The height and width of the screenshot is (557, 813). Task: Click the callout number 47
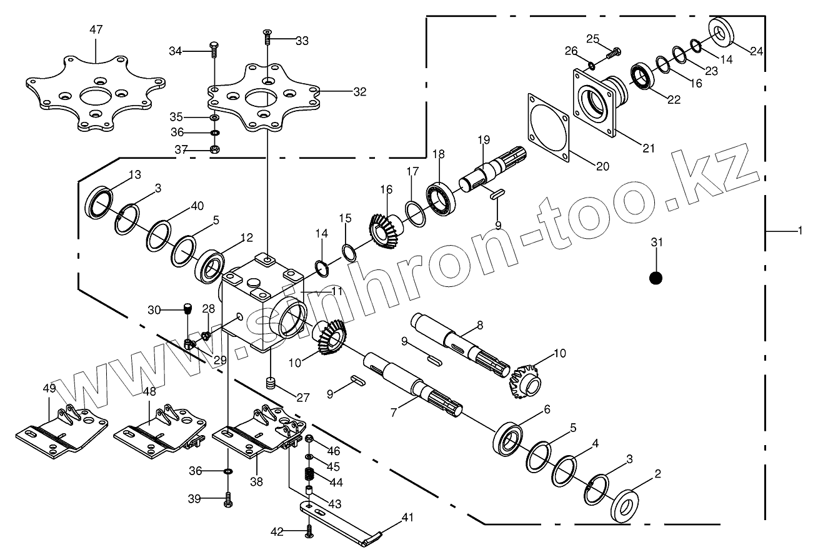click(x=96, y=30)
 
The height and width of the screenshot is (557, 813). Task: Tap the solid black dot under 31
click(x=656, y=278)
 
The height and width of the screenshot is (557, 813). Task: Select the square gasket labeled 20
click(x=548, y=128)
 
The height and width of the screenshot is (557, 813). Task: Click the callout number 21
click(x=648, y=148)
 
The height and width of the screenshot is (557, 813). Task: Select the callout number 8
click(x=480, y=324)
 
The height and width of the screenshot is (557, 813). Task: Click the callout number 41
click(x=408, y=517)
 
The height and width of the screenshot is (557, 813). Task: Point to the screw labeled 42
click(x=309, y=531)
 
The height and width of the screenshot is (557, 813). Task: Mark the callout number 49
click(x=49, y=388)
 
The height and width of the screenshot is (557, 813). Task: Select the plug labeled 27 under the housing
click(x=271, y=383)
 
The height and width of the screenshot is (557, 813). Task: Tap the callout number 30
click(x=154, y=309)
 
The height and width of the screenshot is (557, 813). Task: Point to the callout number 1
click(x=800, y=231)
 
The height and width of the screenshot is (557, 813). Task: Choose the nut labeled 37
click(x=214, y=149)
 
